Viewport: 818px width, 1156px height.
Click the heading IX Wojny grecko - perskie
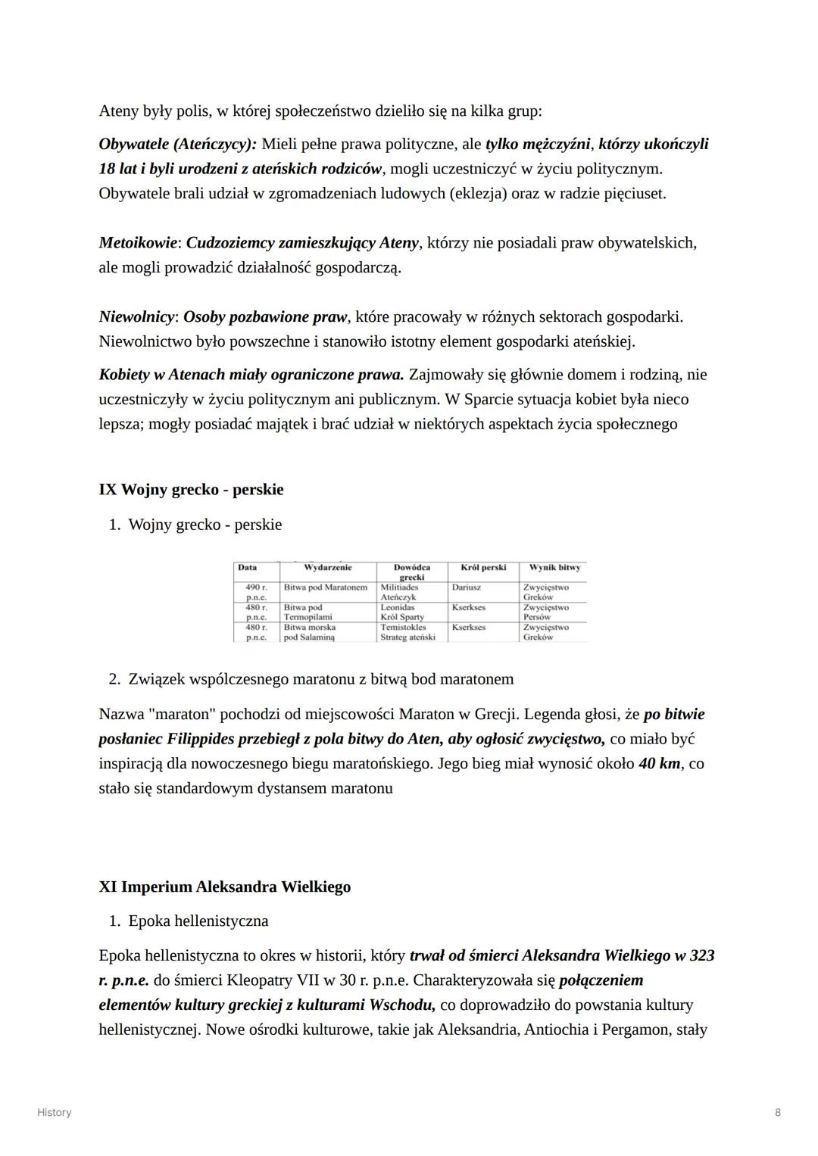coord(191,490)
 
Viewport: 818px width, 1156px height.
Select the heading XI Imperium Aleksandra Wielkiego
coord(224,886)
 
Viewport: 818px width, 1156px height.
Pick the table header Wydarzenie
coord(327,568)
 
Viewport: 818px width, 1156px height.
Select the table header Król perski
coord(482,568)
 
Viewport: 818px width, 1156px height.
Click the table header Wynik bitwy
coord(554,568)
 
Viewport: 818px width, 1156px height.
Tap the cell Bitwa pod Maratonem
coord(325,587)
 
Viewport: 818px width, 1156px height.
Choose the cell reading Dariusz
coord(467,587)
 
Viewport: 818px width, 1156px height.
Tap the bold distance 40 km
coord(659,764)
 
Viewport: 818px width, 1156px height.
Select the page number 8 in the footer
coord(778,1112)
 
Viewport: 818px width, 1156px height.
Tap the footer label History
coord(55,1112)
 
